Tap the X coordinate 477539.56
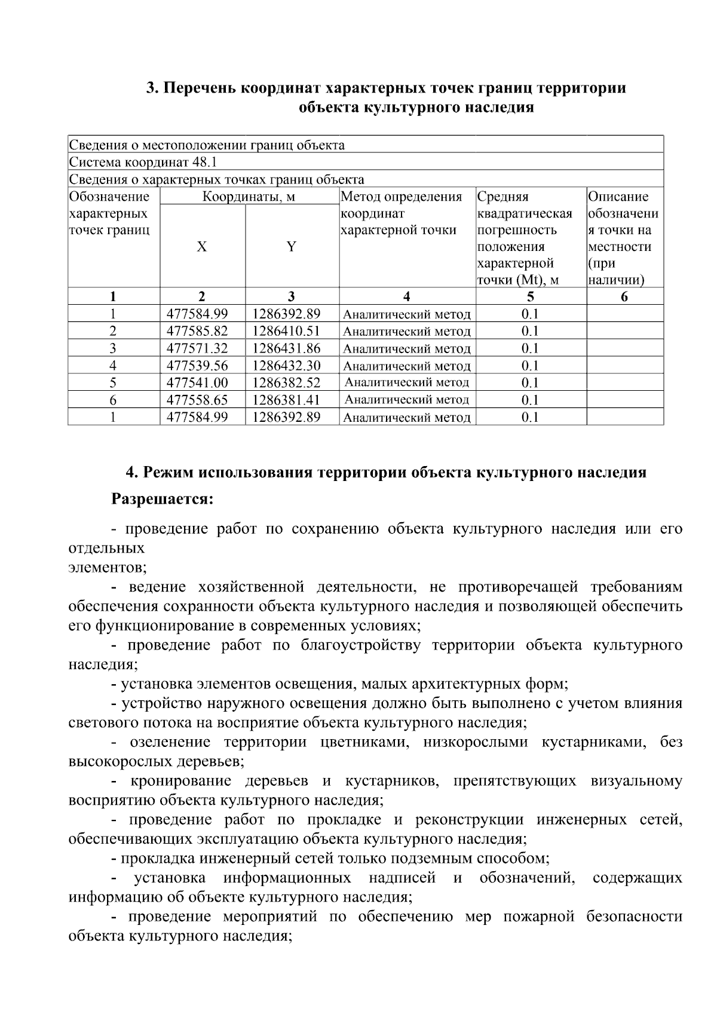coord(197,366)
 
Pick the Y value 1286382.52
coord(286,383)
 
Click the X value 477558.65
coord(197,400)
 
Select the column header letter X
coord(202,247)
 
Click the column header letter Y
coord(291,247)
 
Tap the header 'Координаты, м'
coord(249,197)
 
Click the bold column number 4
coord(407,297)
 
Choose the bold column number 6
coord(624,297)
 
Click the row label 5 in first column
coord(113,383)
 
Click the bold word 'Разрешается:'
coord(163,499)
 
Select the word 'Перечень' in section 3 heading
coord(200,88)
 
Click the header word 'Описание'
coord(618,197)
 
